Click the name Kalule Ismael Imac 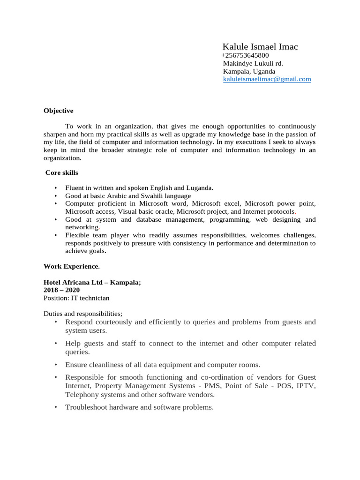(260, 46)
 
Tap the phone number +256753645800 (245, 55)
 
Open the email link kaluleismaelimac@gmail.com (267, 79)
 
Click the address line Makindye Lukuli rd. (253, 63)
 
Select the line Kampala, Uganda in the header (249, 71)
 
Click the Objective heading (59, 111)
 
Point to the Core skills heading (61, 173)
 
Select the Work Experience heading (72, 266)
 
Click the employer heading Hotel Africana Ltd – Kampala (92, 283)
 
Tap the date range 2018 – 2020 (61, 290)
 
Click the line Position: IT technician (76, 298)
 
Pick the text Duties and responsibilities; (83, 314)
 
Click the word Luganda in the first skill (200, 188)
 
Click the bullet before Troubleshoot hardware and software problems (55, 407)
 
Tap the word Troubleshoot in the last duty (84, 407)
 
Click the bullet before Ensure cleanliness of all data (55, 365)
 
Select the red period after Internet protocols (295, 212)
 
